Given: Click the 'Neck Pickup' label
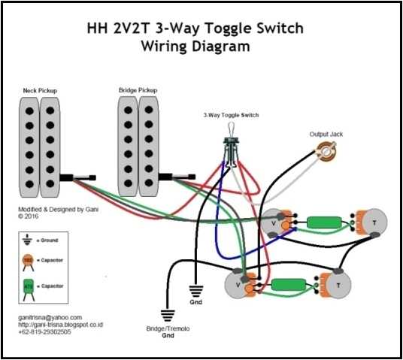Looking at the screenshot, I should [40, 91].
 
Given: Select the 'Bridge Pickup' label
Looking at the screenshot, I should [138, 91].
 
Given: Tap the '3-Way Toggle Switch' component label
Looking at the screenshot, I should [231, 116].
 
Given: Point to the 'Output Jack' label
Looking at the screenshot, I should [326, 135].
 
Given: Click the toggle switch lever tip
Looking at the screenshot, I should [231, 129].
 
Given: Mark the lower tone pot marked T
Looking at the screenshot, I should [339, 286].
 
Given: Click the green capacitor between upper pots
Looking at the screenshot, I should [322, 222].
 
